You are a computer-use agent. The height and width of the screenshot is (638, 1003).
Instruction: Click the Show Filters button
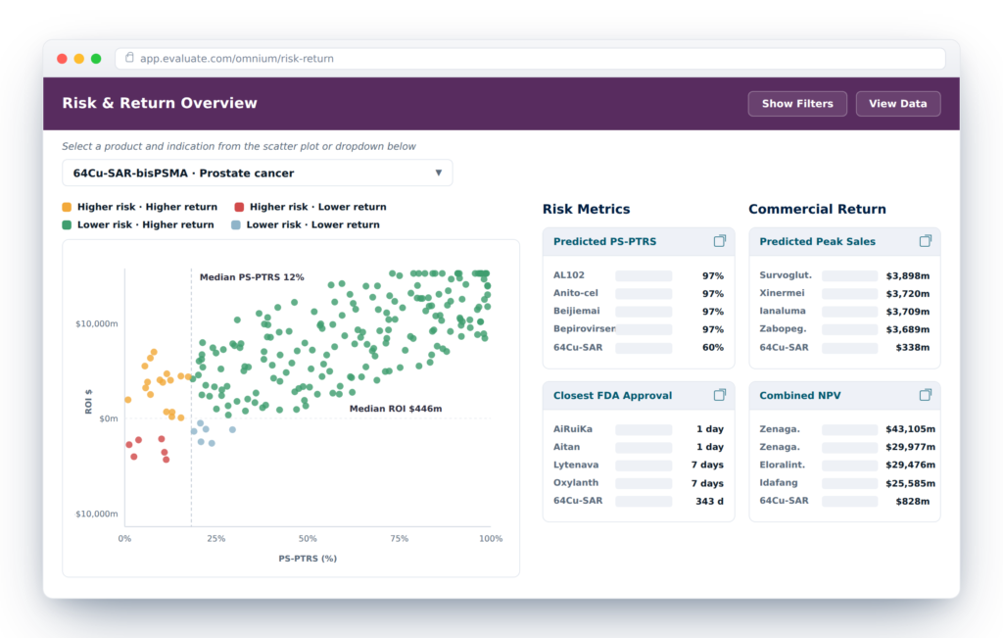click(797, 104)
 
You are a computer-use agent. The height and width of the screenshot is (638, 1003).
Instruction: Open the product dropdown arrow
click(438, 172)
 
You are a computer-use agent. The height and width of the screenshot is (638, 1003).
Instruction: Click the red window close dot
click(62, 59)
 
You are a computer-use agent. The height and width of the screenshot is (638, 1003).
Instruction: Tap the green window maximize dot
click(96, 59)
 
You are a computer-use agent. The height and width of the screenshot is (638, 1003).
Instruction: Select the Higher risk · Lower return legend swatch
click(239, 207)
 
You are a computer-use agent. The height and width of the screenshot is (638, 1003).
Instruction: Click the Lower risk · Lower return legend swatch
click(236, 224)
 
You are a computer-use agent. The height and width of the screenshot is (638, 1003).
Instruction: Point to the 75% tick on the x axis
click(400, 539)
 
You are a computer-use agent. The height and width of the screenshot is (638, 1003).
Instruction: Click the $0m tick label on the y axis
click(108, 418)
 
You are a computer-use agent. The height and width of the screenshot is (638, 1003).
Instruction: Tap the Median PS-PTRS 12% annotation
click(252, 277)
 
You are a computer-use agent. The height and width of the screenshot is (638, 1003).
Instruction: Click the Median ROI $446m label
click(396, 409)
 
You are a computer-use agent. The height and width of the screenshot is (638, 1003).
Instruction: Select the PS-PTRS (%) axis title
click(308, 559)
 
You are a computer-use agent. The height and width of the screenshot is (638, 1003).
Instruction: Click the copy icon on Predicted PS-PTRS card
click(720, 241)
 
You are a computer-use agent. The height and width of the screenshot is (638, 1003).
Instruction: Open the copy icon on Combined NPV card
click(925, 395)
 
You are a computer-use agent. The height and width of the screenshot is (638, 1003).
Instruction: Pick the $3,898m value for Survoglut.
click(908, 275)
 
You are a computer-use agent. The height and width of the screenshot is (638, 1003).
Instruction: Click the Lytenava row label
click(576, 465)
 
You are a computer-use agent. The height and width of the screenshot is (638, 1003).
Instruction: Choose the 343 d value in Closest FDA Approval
click(709, 501)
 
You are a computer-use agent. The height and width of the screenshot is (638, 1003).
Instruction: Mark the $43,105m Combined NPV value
click(910, 428)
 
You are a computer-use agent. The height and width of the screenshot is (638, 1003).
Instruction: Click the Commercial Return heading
click(817, 210)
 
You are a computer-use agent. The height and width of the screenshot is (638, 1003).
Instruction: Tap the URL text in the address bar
click(237, 59)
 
